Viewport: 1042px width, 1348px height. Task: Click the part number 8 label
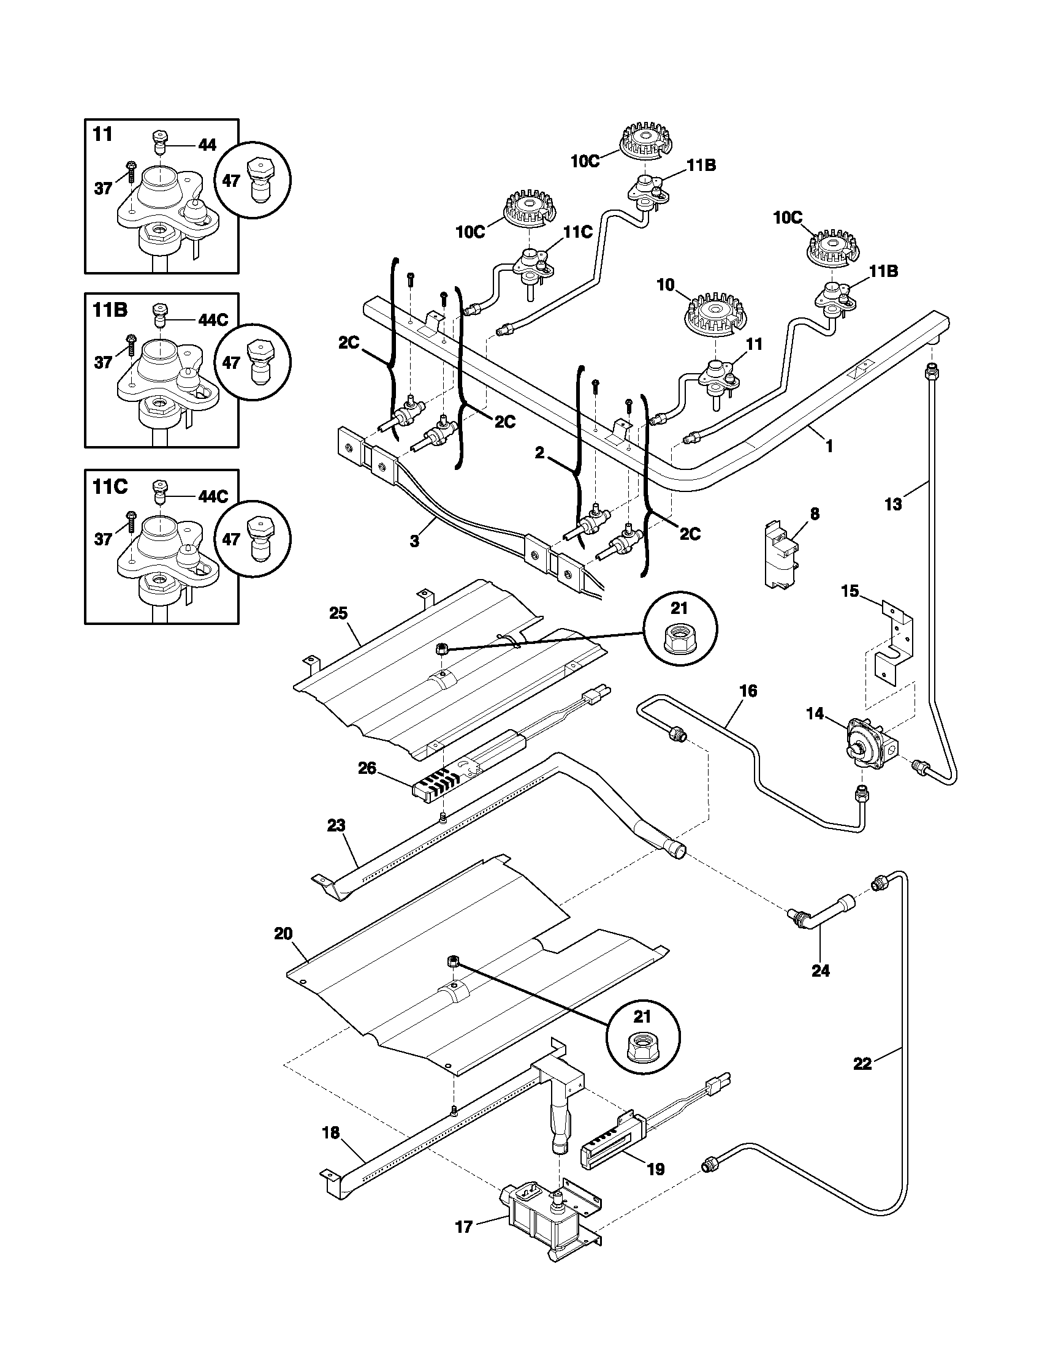815,513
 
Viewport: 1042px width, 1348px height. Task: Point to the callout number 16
748,691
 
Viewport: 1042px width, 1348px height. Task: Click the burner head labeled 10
715,316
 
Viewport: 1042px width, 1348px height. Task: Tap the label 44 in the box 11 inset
207,145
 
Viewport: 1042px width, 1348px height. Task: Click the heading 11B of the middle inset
110,309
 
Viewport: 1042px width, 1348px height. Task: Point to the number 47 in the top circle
231,182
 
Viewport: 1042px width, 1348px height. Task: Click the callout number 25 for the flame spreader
338,613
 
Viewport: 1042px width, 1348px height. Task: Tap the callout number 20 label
283,934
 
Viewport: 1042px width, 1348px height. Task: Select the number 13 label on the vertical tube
893,504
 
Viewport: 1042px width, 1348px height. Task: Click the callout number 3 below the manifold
414,541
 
